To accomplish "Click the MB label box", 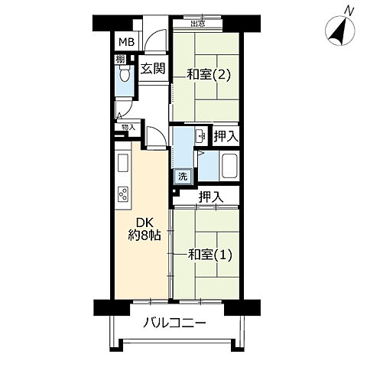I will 125,42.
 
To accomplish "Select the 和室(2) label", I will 208,74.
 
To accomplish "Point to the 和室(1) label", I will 209,255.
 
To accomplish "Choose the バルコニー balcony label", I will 174,324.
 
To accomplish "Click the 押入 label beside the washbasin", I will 225,136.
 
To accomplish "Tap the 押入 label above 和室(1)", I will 210,196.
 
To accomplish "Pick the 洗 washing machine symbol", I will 183,176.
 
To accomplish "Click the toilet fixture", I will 124,77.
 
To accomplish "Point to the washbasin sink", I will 200,137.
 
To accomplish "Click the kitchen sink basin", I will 122,163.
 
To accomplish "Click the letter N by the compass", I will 349,9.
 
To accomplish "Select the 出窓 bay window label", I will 197,24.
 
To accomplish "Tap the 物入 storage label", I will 126,127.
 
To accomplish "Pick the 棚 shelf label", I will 121,58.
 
